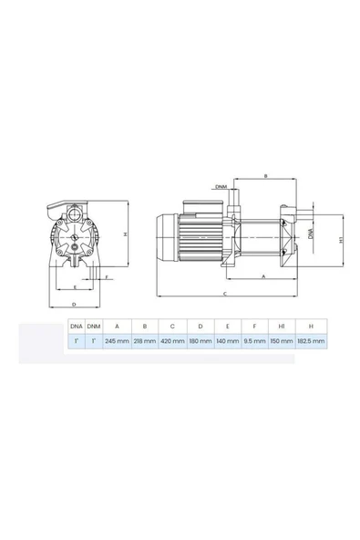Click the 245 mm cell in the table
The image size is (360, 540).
tap(116, 340)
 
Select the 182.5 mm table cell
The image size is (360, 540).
tap(312, 340)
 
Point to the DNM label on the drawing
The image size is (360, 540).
tap(221, 188)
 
